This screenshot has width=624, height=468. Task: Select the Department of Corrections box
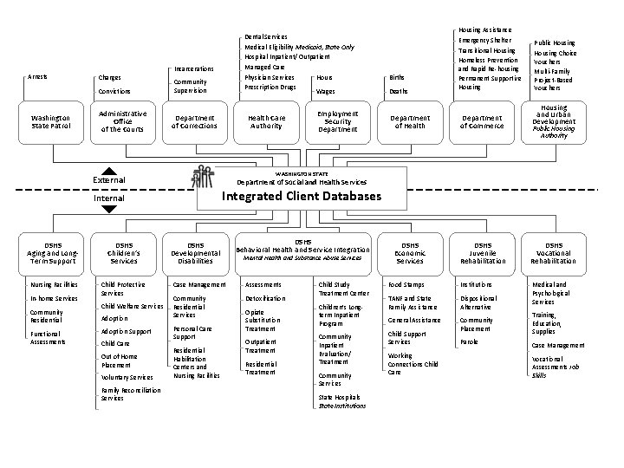pos(194,121)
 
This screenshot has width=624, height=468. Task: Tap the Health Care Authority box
pos(266,121)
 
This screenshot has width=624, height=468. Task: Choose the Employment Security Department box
pos(337,121)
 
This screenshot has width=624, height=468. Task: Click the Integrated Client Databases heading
pos(301,197)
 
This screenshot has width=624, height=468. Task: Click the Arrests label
pos(37,77)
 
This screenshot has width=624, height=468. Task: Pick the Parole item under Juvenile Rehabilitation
pos(469,341)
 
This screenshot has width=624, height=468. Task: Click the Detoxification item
pos(264,298)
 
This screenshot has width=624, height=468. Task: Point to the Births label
pos(398,77)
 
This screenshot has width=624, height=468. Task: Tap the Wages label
pos(326,91)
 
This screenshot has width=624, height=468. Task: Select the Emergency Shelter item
pos(485,40)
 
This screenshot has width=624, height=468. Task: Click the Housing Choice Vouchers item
pos(555,58)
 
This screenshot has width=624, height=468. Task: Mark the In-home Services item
pos(54,298)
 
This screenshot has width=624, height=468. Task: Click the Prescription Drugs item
pos(270,88)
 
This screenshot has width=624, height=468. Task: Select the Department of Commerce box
pos(481,121)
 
